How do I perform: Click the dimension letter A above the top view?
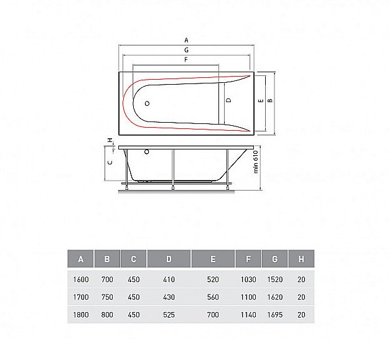click(186, 39)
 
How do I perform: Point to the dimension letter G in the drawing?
click(186, 49)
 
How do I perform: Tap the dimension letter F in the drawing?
click(186, 59)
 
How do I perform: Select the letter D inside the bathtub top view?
click(228, 100)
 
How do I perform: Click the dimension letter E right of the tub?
click(261, 100)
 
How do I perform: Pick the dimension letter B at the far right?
click(270, 100)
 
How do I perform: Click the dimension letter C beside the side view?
click(110, 161)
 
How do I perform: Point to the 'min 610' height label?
click(256, 164)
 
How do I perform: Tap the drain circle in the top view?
click(148, 104)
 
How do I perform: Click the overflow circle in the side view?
click(147, 151)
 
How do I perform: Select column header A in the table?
click(81, 259)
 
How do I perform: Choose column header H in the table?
click(301, 259)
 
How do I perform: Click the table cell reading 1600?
click(81, 280)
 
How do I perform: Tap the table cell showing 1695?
click(275, 315)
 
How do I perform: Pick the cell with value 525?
click(169, 315)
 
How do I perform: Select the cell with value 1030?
click(248, 280)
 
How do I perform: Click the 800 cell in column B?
click(107, 315)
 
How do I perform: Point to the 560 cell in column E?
click(213, 298)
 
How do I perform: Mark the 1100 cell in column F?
click(248, 298)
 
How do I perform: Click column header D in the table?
click(169, 259)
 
